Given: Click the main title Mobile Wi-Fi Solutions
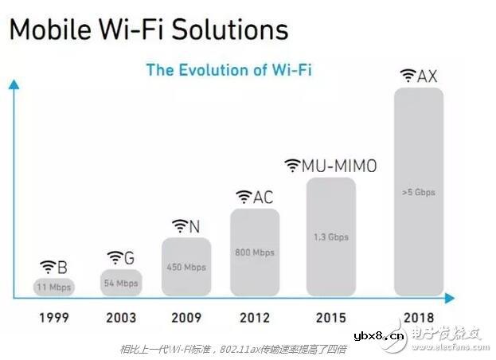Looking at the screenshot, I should click(148, 29).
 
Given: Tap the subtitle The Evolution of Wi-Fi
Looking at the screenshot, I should click(228, 69).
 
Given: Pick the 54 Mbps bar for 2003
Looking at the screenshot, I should click(121, 283).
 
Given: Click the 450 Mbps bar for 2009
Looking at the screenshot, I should click(186, 267).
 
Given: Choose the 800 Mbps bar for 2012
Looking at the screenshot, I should click(254, 252).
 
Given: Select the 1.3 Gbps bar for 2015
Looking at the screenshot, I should click(330, 237).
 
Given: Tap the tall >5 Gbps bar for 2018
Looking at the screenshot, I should click(418, 192).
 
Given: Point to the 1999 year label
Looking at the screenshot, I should click(54, 317).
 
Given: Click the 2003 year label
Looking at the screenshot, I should click(121, 317).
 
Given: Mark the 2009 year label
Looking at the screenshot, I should click(186, 317).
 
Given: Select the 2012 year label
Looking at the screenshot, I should click(254, 317).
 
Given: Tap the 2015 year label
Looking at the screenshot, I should click(330, 317).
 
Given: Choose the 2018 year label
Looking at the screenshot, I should click(418, 317).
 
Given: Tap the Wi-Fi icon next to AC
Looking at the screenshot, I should click(244, 198).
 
